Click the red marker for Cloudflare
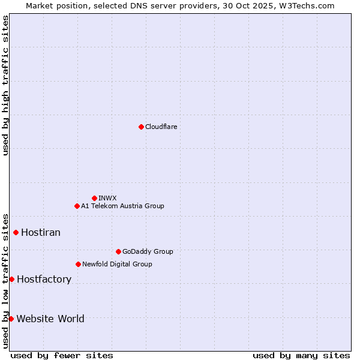pos(141,127)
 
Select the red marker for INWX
pos(94,198)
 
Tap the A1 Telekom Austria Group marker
pos(77,206)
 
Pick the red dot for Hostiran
pos(16,232)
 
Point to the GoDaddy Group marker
pos(118,251)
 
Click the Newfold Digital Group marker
pos(78,264)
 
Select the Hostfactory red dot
pos(11,279)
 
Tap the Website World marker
pos(11,319)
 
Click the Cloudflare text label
pos(161,127)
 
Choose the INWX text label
pos(107,198)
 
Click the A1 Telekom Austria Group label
pos(122,206)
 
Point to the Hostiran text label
pos(41,232)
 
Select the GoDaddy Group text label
pos(148,251)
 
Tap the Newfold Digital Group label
pos(117,264)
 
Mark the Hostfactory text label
pos(44,279)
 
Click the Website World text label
pos(50,319)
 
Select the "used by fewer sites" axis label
pos(62,355)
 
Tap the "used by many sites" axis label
pos(301,355)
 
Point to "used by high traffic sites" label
pos(5,85)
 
